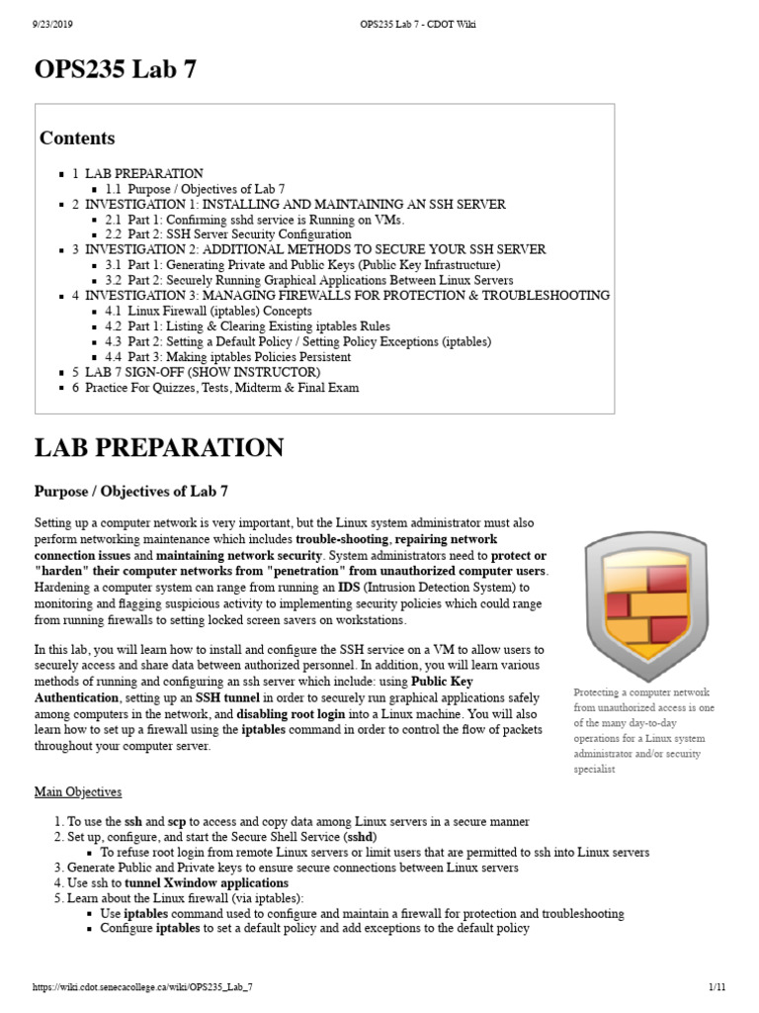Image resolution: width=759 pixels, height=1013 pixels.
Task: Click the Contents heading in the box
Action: click(77, 138)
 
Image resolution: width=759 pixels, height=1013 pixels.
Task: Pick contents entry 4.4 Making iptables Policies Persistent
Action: click(227, 356)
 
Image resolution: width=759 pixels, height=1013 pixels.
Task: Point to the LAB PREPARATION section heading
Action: click(159, 448)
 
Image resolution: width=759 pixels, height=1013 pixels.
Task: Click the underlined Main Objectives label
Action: click(78, 791)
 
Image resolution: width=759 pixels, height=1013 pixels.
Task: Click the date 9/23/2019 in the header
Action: click(40, 25)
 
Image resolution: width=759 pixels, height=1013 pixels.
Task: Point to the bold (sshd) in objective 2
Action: click(359, 837)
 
